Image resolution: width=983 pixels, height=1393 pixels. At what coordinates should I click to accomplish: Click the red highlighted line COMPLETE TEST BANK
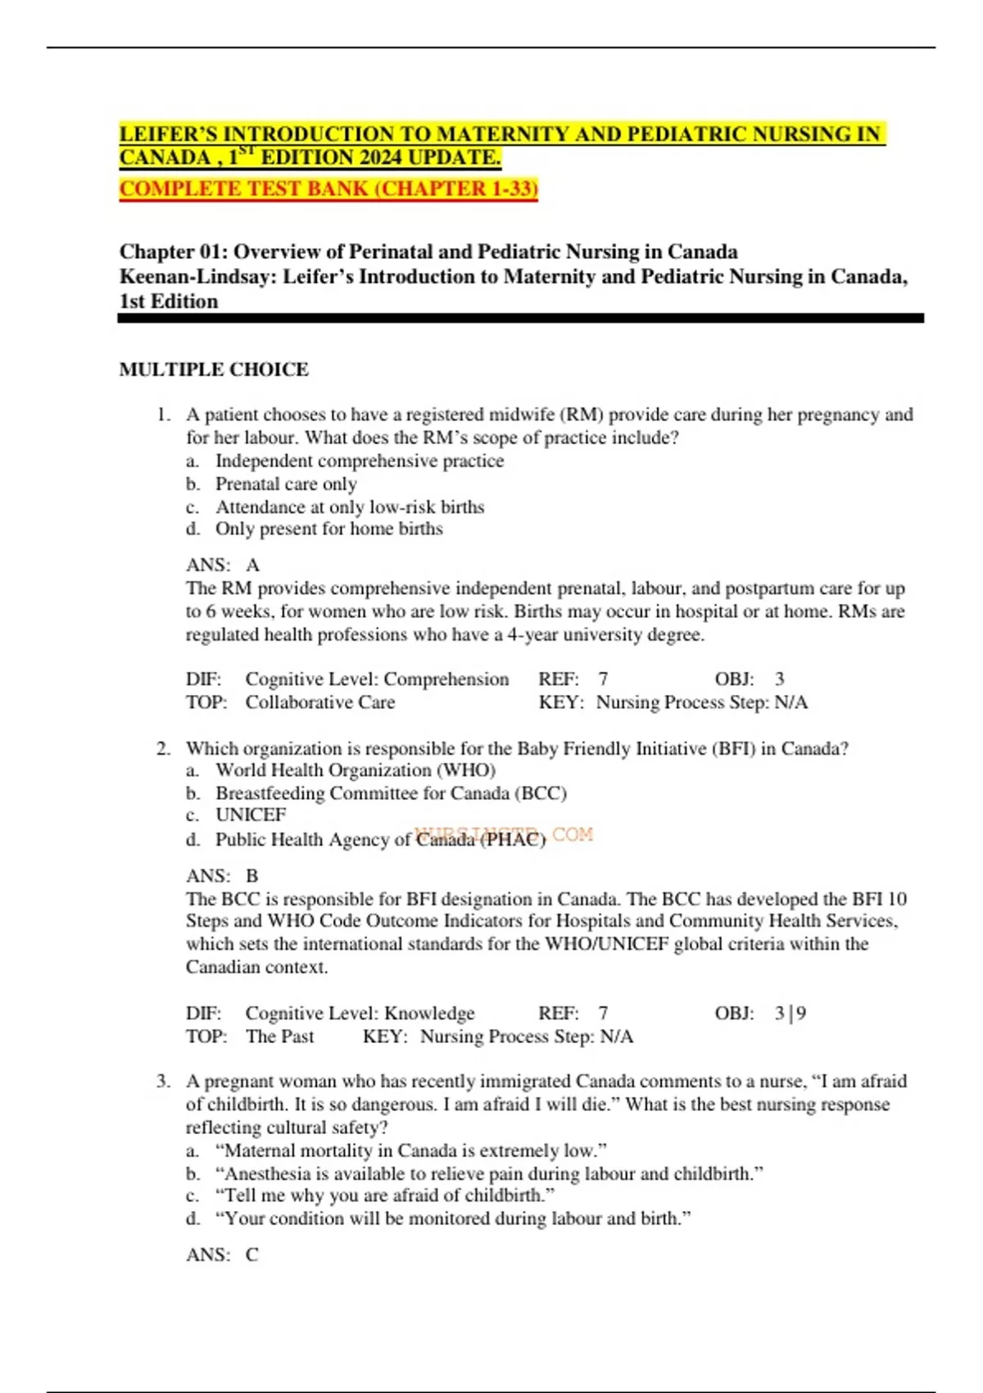click(x=328, y=188)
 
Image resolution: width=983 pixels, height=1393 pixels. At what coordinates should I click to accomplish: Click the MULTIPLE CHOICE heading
click(x=214, y=370)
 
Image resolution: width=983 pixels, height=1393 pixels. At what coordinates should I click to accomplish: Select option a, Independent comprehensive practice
click(x=359, y=461)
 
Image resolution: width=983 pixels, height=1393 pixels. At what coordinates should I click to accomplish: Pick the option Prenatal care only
click(x=286, y=483)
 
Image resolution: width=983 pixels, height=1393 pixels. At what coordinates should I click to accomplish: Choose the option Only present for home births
click(x=328, y=529)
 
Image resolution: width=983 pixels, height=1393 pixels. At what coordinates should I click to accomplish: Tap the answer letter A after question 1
click(x=252, y=565)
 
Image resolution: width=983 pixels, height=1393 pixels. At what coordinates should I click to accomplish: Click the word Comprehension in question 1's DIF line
click(x=446, y=679)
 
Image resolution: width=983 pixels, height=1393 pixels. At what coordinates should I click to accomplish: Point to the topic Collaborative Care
click(x=320, y=702)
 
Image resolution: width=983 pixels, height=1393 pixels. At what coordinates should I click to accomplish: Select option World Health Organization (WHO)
click(x=355, y=770)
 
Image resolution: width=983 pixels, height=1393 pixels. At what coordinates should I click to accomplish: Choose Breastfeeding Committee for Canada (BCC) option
click(x=391, y=793)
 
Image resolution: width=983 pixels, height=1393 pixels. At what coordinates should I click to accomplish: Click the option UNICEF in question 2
click(x=251, y=815)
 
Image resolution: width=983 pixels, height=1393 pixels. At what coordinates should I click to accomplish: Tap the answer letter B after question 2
click(x=252, y=876)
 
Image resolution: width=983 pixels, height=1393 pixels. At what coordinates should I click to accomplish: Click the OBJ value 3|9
click(x=790, y=1014)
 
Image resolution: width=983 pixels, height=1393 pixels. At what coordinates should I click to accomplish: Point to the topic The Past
click(x=279, y=1037)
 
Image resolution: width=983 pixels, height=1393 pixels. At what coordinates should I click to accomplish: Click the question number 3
click(x=162, y=1082)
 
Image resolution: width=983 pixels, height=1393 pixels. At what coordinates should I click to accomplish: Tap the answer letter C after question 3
click(x=252, y=1255)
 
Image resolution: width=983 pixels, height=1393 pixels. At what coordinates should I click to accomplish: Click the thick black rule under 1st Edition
click(x=521, y=318)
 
